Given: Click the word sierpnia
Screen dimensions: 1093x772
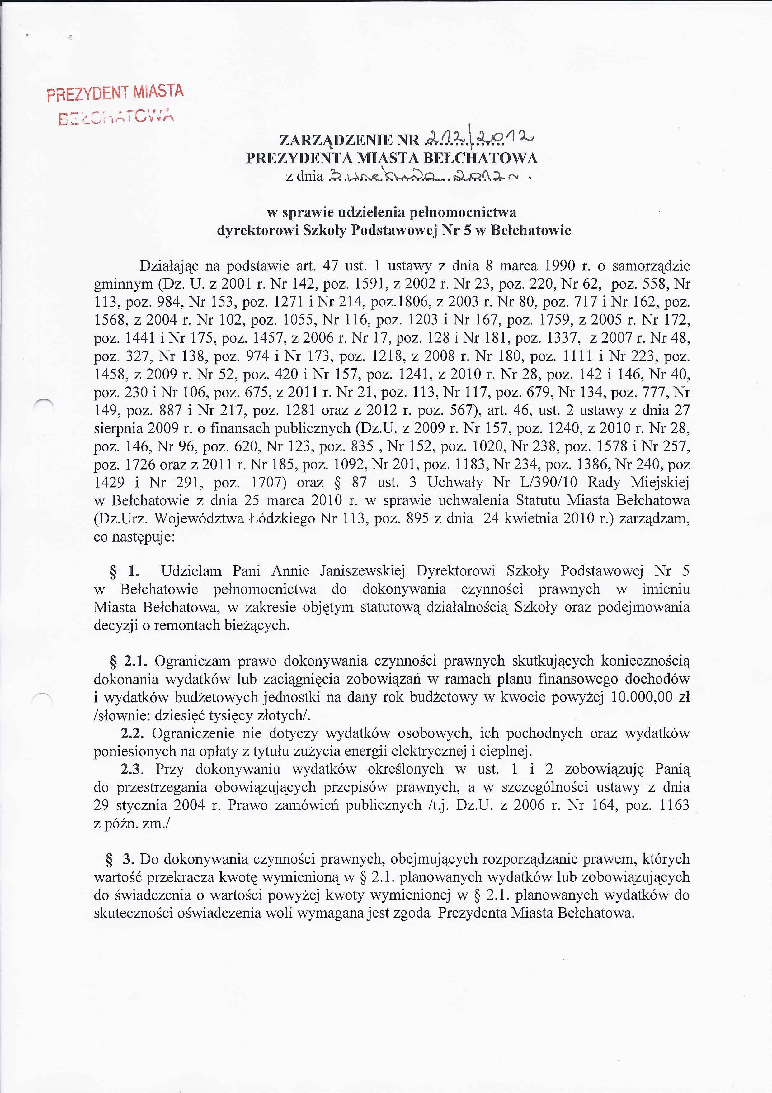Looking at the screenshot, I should pyautogui.click(x=117, y=428).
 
